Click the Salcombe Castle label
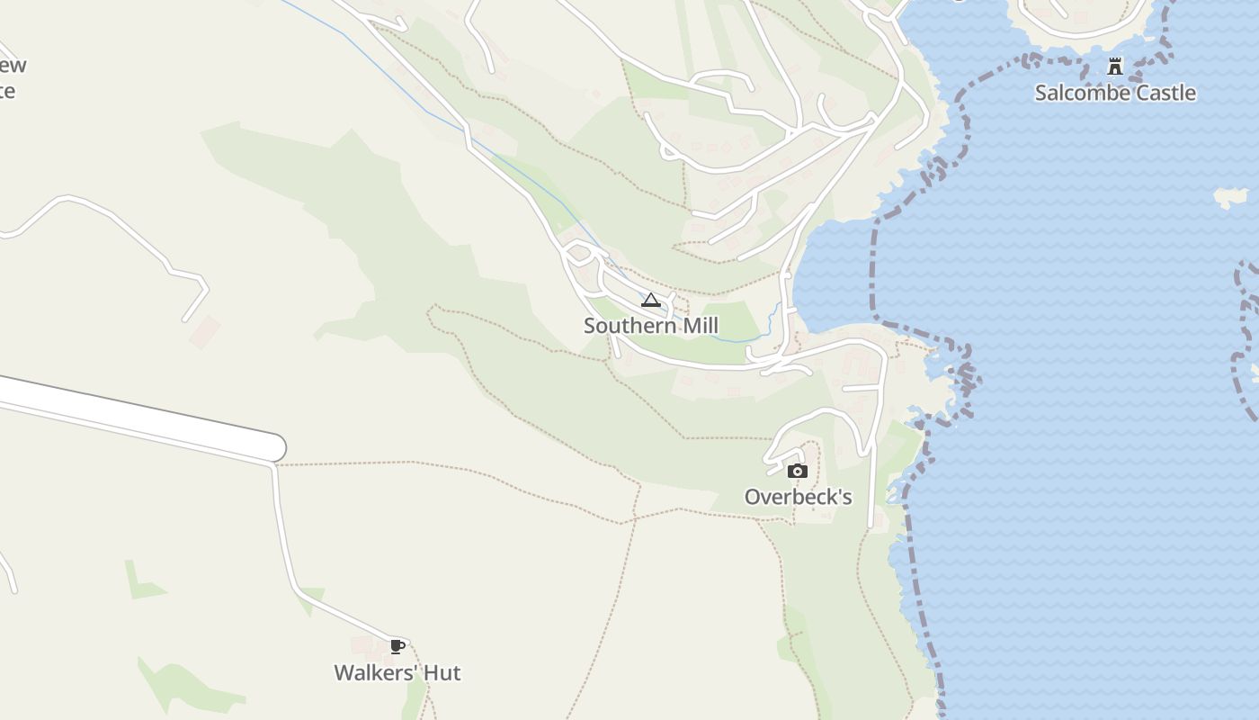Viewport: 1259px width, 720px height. click(1115, 93)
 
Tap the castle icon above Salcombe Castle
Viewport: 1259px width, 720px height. click(1115, 66)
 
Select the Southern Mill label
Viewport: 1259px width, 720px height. click(651, 326)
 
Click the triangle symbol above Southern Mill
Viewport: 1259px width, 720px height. click(651, 300)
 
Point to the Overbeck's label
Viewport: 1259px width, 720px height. click(798, 497)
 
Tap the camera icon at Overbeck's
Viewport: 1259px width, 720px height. click(797, 471)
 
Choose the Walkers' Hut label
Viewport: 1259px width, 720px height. click(397, 673)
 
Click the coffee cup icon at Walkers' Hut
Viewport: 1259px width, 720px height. click(397, 646)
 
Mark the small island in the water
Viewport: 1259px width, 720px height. click(1230, 196)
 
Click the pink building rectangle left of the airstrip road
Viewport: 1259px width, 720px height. click(204, 330)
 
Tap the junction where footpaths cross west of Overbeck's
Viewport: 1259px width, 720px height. click(635, 518)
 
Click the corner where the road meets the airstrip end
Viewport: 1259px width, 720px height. click(273, 464)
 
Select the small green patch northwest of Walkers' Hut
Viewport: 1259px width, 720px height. click(141, 580)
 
